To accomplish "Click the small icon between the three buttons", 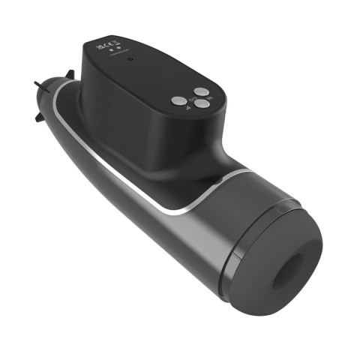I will (193, 99).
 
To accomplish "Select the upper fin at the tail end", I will (70, 75).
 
